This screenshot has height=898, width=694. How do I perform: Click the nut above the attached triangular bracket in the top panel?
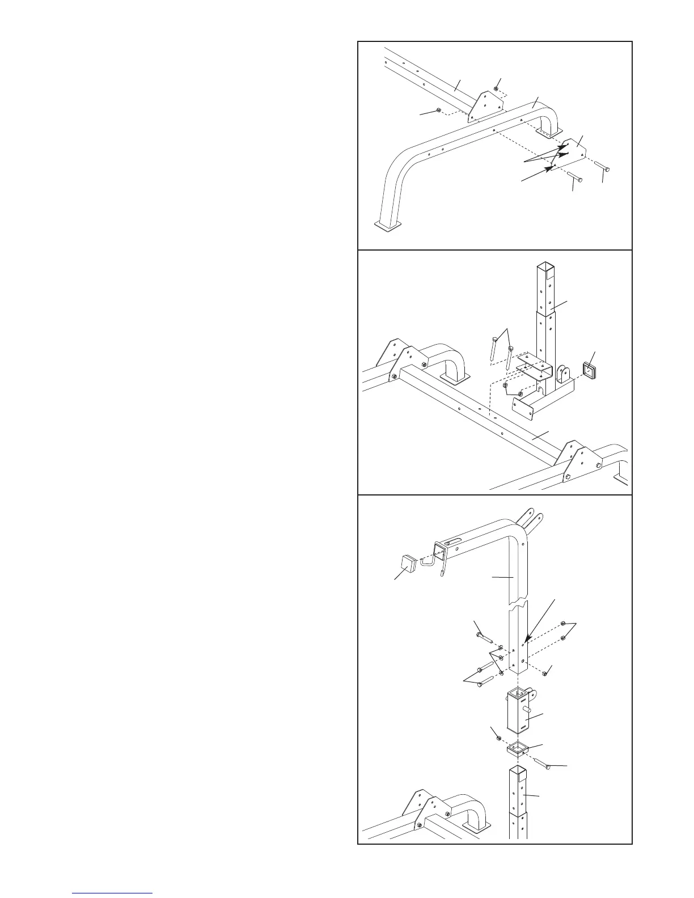[x=497, y=88]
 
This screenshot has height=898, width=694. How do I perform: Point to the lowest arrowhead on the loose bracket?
[x=549, y=168]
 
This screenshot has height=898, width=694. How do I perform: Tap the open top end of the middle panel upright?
[x=545, y=266]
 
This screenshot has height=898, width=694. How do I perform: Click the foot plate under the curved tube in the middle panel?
[x=454, y=378]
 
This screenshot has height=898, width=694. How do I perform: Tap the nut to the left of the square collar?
[x=498, y=737]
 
